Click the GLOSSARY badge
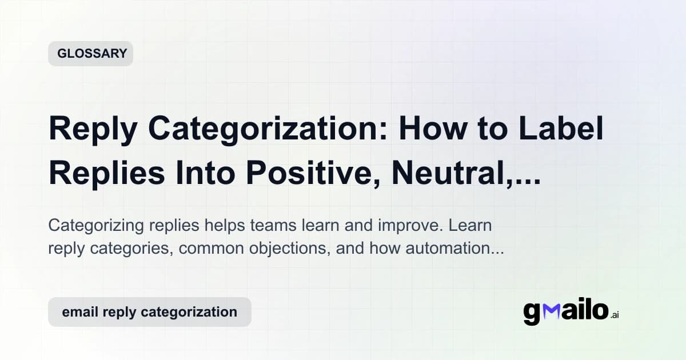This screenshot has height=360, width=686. tap(91, 54)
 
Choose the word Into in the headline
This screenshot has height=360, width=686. tap(215, 172)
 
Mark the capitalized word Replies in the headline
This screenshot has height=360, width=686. tap(108, 172)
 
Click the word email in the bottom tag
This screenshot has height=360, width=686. tap(77, 312)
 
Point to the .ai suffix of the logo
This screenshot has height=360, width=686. tap(614, 315)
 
